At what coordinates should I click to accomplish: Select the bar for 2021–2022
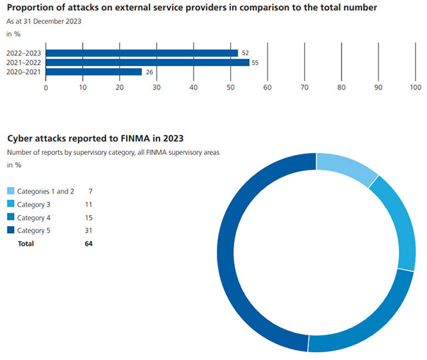(147, 62)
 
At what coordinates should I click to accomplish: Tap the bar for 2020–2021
(93, 71)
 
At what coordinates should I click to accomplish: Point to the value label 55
(256, 62)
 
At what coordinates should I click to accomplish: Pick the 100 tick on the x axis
(415, 87)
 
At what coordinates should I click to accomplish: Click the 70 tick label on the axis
(304, 87)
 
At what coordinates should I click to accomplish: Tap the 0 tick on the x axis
(46, 87)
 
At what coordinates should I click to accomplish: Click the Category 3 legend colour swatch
(11, 204)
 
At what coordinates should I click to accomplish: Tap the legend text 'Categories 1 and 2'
(45, 192)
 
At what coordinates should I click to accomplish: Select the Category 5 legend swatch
(11, 230)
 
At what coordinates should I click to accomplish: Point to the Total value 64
(88, 244)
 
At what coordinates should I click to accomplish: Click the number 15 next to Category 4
(88, 218)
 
